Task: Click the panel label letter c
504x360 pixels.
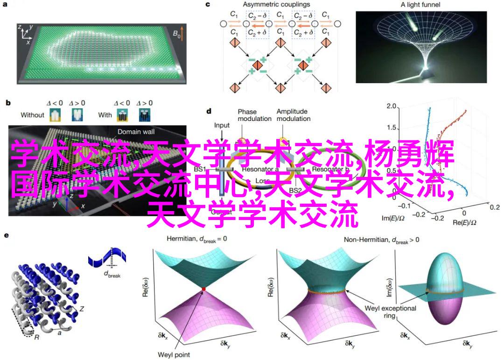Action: (x=208, y=5)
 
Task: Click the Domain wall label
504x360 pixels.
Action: (x=136, y=132)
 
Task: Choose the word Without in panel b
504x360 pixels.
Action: (x=33, y=115)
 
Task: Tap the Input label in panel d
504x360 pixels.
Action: (x=222, y=126)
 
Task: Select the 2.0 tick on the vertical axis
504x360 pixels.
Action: (x=391, y=107)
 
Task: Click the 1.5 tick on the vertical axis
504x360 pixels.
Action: (x=391, y=128)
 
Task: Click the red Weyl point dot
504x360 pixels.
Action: (x=203, y=290)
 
